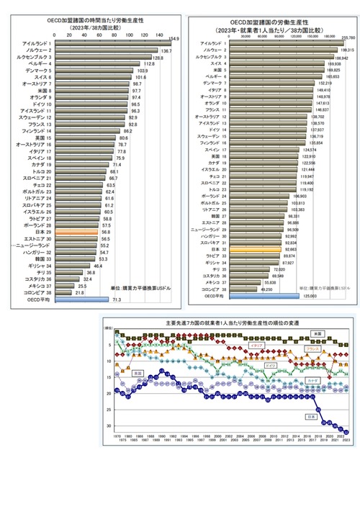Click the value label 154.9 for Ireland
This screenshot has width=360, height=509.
point(173,38)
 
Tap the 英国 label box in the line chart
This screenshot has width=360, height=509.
point(137,373)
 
